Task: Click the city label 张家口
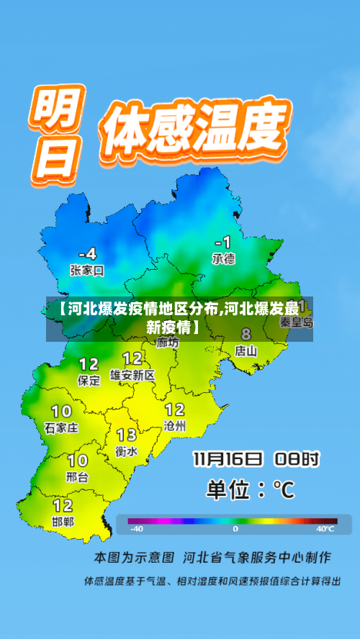coord(87,271)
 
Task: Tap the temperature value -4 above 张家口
coord(86,253)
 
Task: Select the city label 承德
coord(223,258)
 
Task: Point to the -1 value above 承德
coord(222,242)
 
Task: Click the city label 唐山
coord(246,351)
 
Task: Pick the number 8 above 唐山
coord(246,334)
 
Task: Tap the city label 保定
coord(89,381)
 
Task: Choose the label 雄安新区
coord(132,375)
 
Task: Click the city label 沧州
coord(175,426)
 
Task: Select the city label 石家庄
coord(61,427)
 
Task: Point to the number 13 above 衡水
coord(127,435)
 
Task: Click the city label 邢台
coord(77,476)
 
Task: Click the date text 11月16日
coord(227,458)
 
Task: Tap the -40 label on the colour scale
coord(136,529)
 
